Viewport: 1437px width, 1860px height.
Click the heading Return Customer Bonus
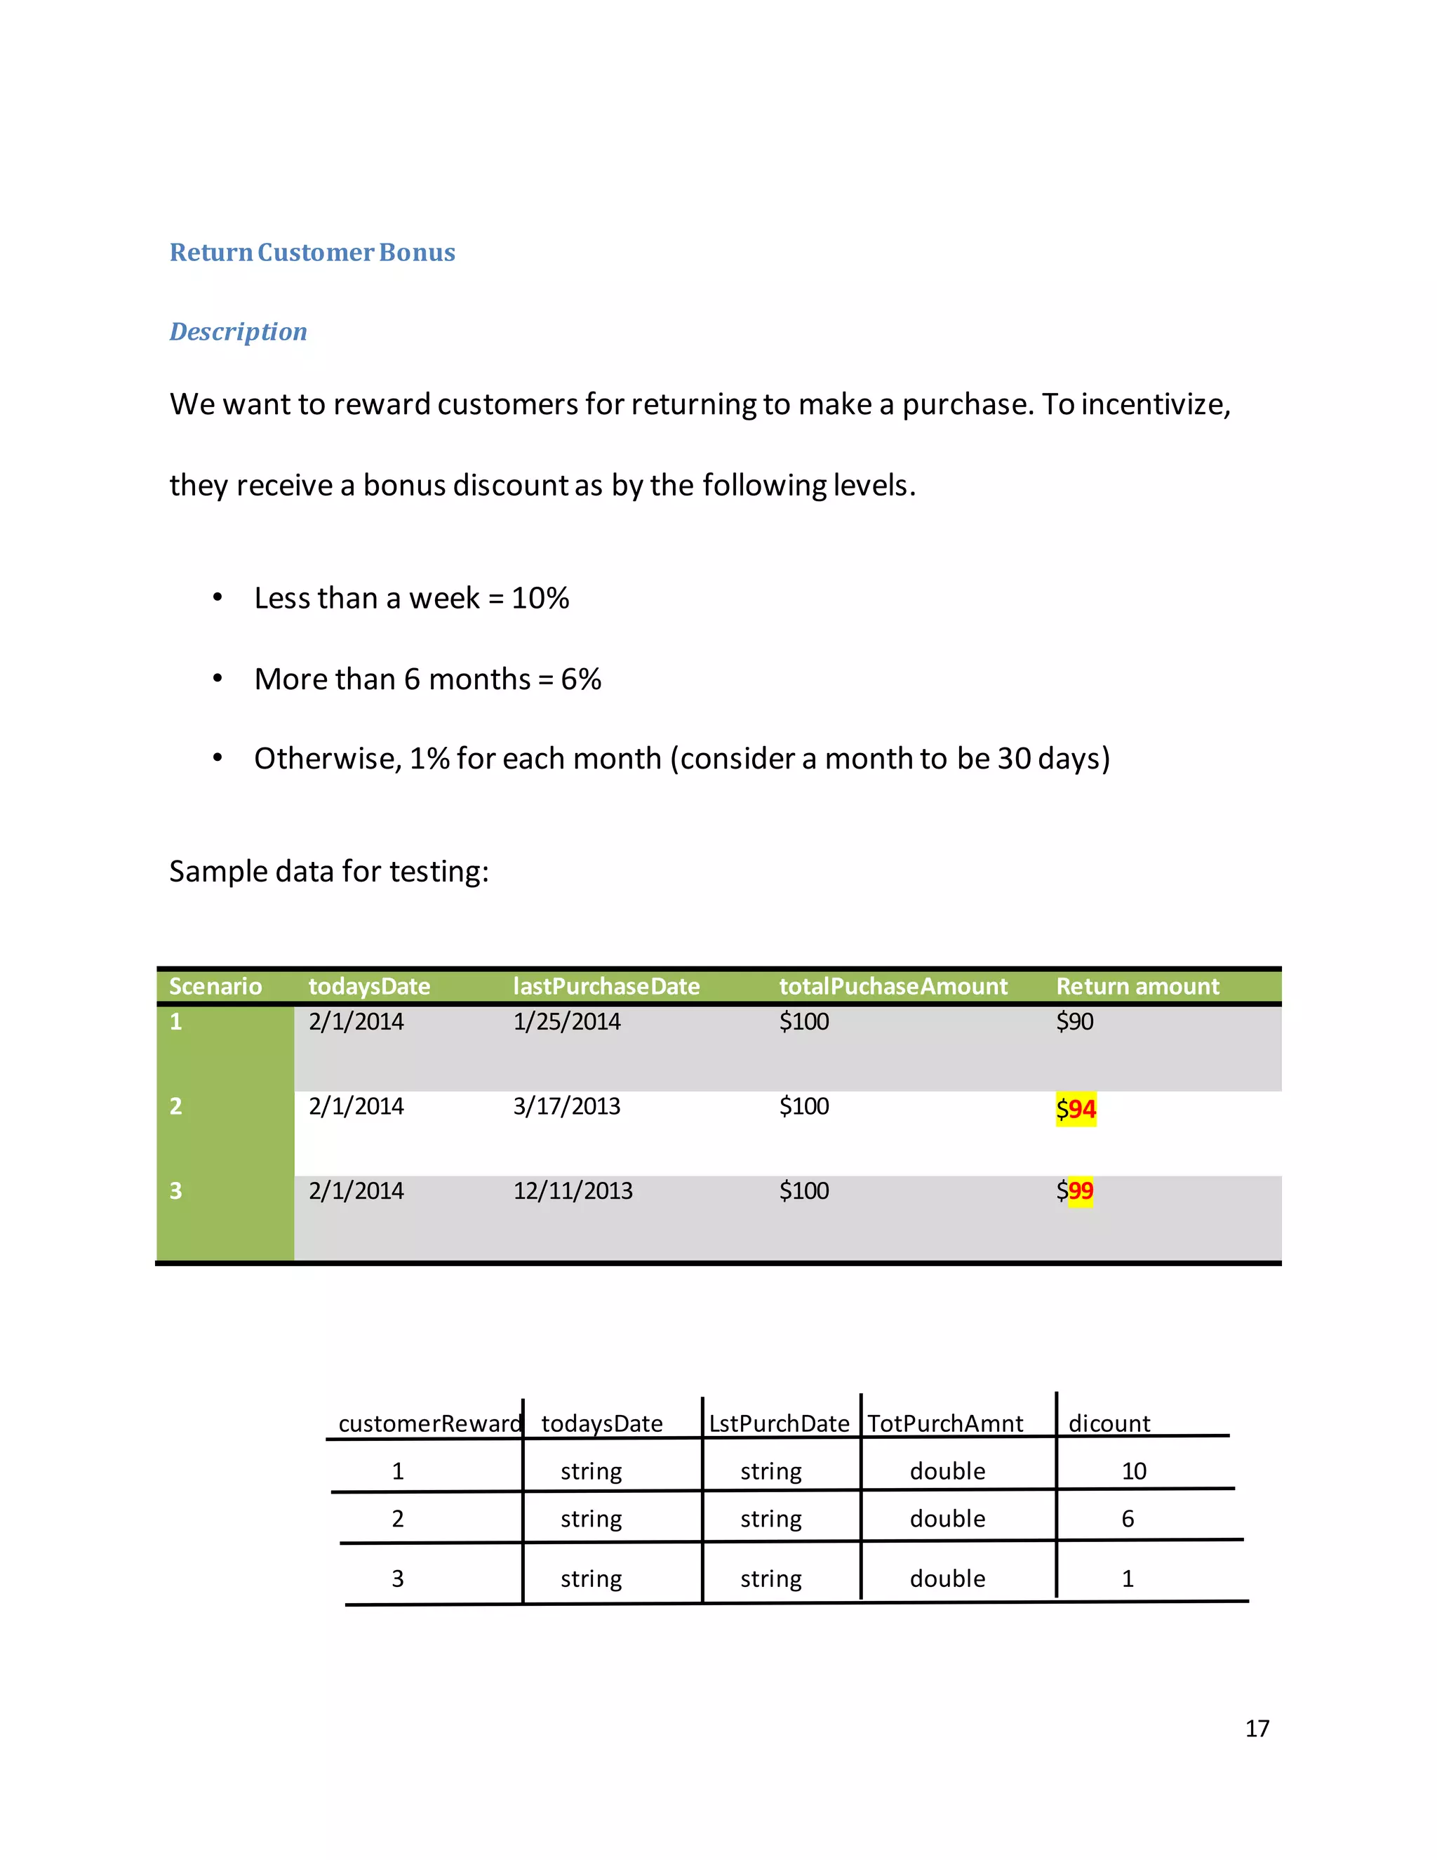(x=312, y=253)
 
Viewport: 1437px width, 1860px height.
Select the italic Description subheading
(x=239, y=331)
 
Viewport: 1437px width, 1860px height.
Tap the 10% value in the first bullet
(x=540, y=598)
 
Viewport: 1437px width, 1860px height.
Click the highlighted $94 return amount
(x=1076, y=1109)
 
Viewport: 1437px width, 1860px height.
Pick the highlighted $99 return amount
(x=1075, y=1190)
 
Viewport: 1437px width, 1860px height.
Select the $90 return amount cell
(x=1074, y=1021)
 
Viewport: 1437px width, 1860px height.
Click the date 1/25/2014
(x=566, y=1021)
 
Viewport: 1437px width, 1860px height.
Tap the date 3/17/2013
(x=566, y=1106)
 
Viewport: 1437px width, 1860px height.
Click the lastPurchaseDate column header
(x=606, y=986)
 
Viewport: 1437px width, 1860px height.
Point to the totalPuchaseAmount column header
(x=893, y=986)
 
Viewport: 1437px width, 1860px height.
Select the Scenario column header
(x=215, y=986)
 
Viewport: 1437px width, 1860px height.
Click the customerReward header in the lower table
(x=430, y=1423)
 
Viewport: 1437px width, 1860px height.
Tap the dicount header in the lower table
(x=1109, y=1423)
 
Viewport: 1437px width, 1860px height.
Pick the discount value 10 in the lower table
(x=1134, y=1470)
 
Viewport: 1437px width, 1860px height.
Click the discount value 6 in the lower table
(x=1127, y=1518)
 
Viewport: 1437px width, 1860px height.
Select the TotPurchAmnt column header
(x=945, y=1423)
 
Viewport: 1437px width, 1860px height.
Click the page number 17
(x=1257, y=1728)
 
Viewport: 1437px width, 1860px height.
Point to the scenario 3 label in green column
(x=175, y=1190)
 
